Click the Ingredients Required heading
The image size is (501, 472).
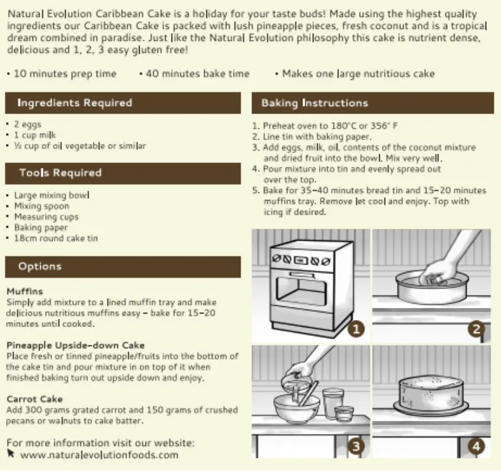click(75, 103)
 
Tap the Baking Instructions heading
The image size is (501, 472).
click(315, 103)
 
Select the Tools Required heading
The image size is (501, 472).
click(60, 173)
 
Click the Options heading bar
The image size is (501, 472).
click(123, 267)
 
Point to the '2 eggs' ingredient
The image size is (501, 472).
click(27, 125)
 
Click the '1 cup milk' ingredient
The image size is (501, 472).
click(35, 135)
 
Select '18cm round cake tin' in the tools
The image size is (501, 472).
click(56, 238)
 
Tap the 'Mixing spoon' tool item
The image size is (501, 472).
click(41, 206)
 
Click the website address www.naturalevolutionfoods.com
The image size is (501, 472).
click(99, 455)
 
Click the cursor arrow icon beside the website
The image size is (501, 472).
click(11, 453)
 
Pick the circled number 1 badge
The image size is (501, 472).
click(356, 329)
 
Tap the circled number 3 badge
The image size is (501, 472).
click(355, 446)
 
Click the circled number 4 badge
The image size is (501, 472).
click(476, 446)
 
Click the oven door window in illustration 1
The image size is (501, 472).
click(302, 289)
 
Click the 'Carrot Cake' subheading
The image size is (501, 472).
click(34, 399)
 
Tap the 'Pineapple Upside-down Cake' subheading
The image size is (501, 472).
click(75, 345)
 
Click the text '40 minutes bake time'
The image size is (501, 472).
click(198, 74)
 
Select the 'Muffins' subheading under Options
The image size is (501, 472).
click(25, 292)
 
